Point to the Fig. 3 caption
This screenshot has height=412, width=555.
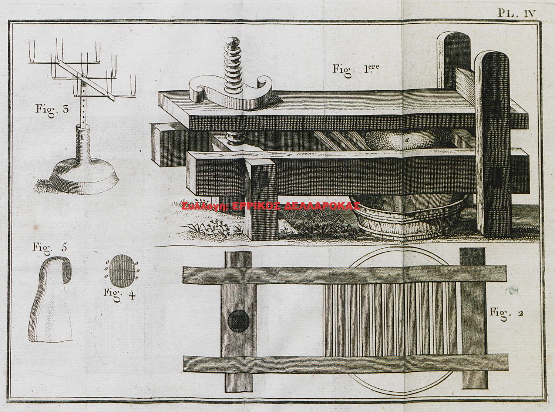(x=52, y=110)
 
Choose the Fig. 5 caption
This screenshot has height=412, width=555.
(x=49, y=247)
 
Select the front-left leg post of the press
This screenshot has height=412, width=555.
(x=262, y=200)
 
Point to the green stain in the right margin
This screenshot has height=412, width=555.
(x=515, y=290)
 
